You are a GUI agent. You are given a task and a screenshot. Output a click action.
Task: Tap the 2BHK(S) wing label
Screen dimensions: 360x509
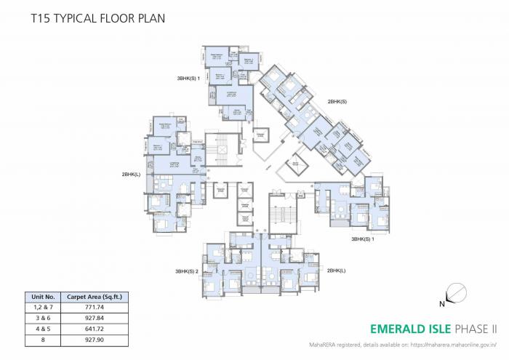337,102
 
